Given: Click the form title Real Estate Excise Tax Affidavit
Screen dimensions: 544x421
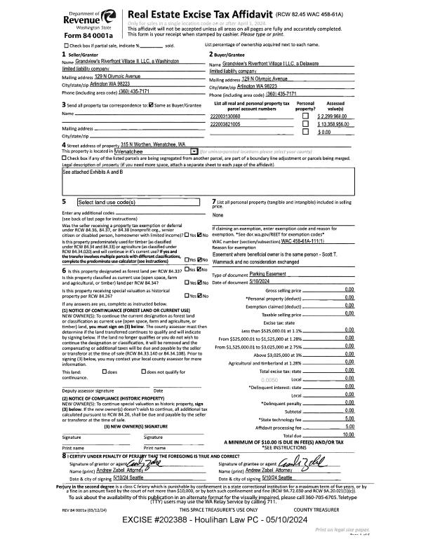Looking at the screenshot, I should click(194, 13).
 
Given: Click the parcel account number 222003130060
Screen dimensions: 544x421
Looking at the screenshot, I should click(230, 115).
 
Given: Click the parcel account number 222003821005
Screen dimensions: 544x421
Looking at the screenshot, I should click(230, 123).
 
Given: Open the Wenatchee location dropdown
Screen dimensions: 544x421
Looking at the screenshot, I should click(194, 151).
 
